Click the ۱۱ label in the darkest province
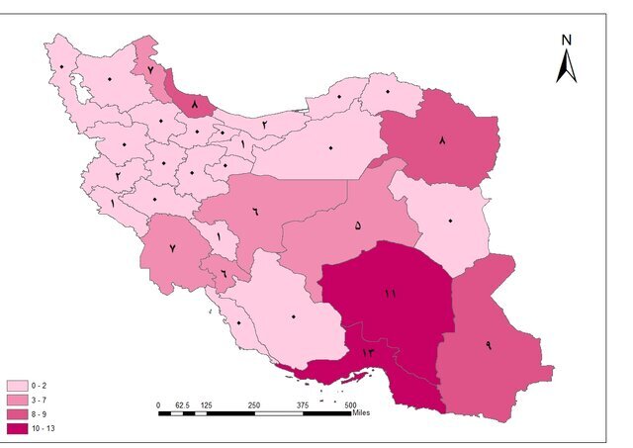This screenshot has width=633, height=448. pyautogui.click(x=391, y=294)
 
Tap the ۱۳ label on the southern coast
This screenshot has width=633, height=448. pyautogui.click(x=368, y=352)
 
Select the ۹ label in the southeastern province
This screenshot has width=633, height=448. pyautogui.click(x=488, y=344)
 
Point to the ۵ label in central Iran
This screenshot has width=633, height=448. pyautogui.click(x=357, y=224)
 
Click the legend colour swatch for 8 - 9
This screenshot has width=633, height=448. pyautogui.click(x=17, y=414)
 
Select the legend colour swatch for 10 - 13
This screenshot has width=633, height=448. pyautogui.click(x=17, y=428)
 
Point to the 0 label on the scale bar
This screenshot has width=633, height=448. pyautogui.click(x=158, y=404)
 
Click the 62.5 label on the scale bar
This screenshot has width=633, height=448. pyautogui.click(x=182, y=404)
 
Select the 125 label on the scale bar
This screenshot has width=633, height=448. pyautogui.click(x=206, y=404)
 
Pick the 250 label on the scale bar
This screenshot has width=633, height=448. pyautogui.click(x=254, y=404)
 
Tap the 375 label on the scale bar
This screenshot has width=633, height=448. pyautogui.click(x=303, y=404)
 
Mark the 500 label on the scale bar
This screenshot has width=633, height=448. pyautogui.click(x=350, y=404)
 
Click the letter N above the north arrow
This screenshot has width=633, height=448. pyautogui.click(x=567, y=41)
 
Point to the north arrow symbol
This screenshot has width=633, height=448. pyautogui.click(x=567, y=67)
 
